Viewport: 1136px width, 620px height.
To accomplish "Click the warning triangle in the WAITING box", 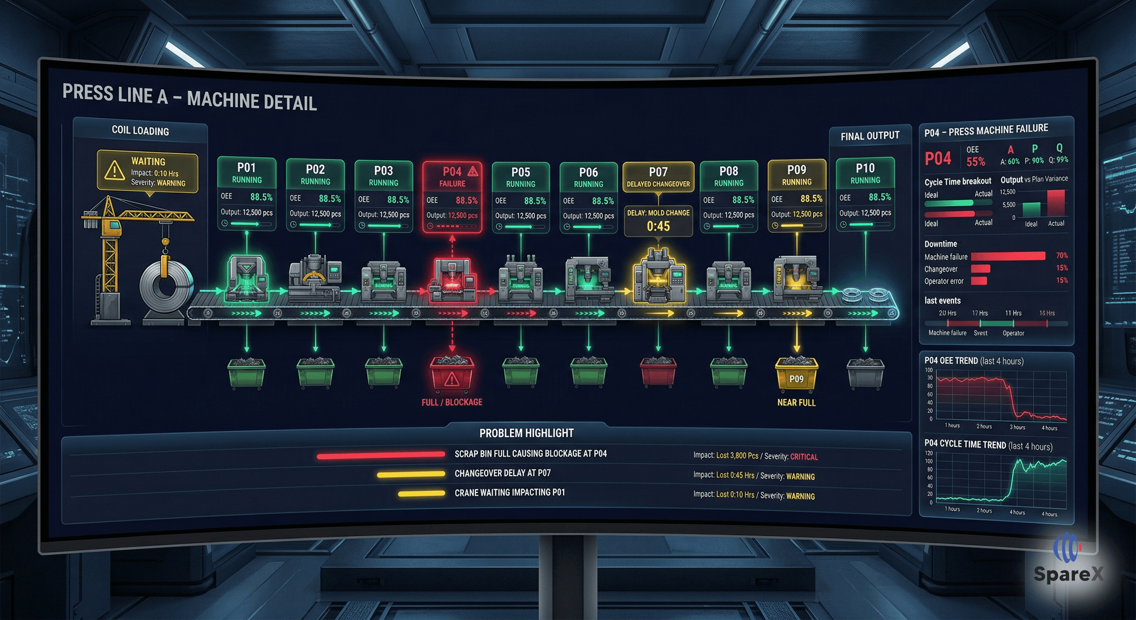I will tap(114, 171).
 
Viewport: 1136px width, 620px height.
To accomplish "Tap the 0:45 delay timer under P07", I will tap(658, 226).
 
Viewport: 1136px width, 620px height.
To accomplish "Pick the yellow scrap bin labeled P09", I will tap(796, 375).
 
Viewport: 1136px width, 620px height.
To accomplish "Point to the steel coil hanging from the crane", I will tap(165, 285).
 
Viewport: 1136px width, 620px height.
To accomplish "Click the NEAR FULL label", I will tap(796, 402).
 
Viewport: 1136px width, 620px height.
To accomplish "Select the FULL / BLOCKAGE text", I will tap(451, 402).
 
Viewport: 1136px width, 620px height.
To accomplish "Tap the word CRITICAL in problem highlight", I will tap(804, 457).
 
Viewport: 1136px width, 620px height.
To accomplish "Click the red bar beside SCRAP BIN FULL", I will tap(381, 455).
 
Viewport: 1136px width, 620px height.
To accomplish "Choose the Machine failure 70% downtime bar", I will tap(1008, 256).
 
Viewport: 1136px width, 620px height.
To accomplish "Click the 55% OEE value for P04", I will tap(975, 162).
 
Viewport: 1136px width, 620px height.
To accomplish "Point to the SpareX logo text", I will tap(1068, 574).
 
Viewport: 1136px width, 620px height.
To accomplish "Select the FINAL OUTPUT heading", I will tap(870, 136).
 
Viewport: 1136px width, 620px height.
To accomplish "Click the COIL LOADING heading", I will tap(140, 131).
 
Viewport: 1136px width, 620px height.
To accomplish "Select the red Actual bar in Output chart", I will tap(1056, 203).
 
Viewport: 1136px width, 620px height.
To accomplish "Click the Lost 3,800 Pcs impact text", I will tap(737, 455).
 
